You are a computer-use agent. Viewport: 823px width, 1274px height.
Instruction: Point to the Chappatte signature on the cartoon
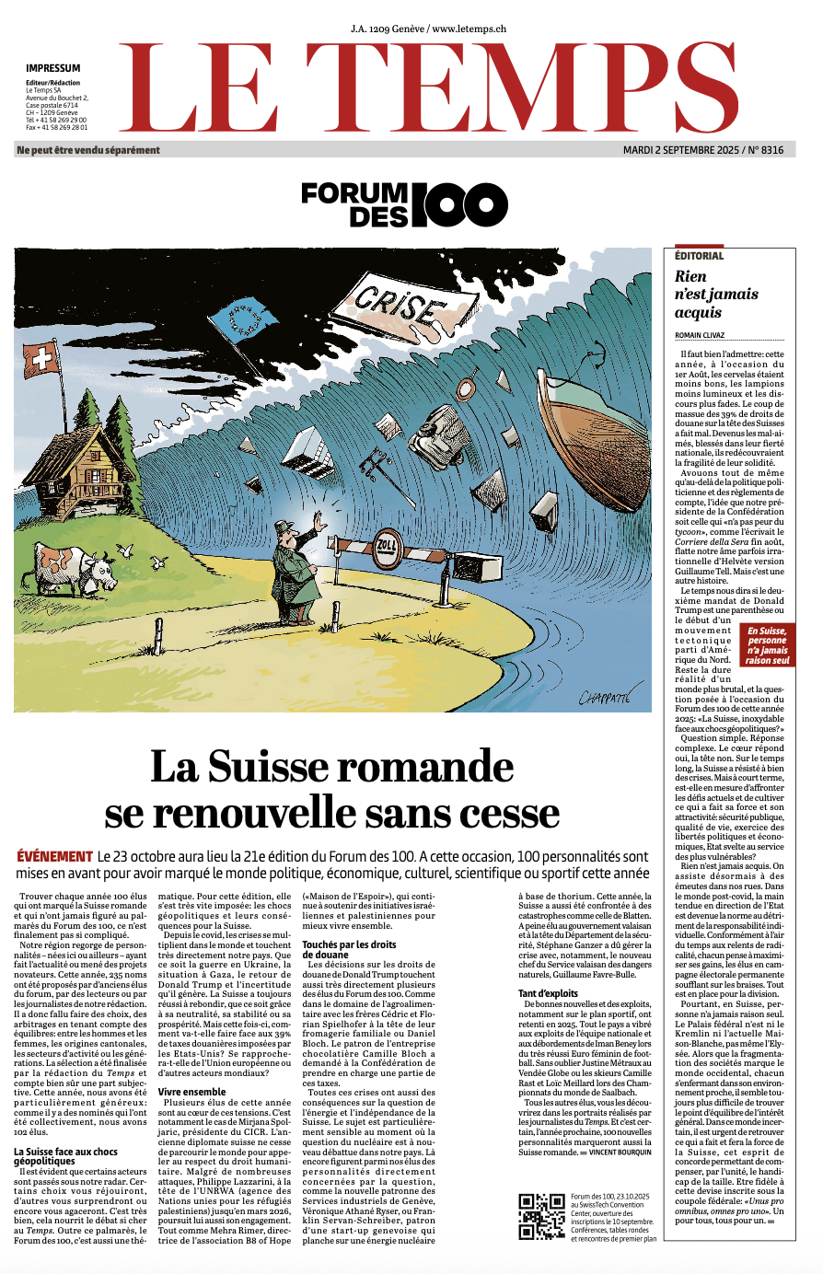(603, 697)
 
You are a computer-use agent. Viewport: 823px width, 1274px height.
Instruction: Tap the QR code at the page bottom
(541, 1215)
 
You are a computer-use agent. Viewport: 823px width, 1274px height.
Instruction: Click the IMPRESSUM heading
(52, 68)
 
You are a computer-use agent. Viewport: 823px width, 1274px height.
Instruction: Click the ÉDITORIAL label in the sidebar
(699, 256)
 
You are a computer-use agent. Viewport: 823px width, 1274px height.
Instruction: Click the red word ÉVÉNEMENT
(55, 856)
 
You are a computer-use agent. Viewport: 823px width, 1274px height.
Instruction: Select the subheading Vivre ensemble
(191, 1092)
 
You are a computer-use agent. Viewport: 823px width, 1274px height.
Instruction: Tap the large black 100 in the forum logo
(458, 204)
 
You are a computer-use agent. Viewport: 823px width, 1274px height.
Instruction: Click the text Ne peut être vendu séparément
(88, 150)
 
